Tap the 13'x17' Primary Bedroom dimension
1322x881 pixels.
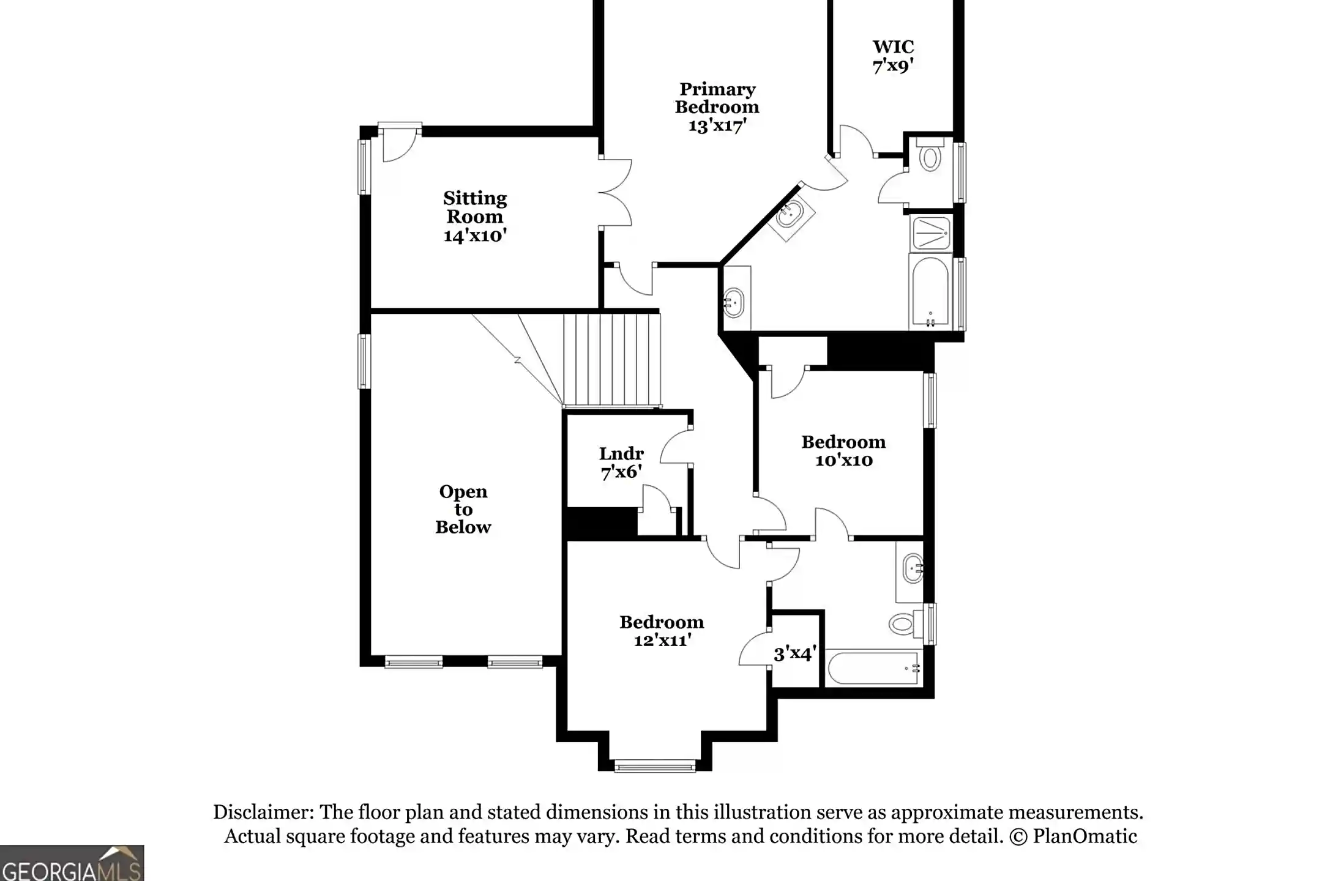coord(717,126)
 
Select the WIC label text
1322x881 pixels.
coord(893,46)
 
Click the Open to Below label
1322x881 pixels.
coord(463,509)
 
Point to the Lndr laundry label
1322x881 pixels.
coord(621,453)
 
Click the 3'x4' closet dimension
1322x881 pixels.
coord(794,654)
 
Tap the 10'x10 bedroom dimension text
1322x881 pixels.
coord(843,460)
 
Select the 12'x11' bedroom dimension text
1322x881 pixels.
coord(662,640)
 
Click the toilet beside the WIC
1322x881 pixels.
coord(930,157)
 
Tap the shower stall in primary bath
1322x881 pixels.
coord(930,233)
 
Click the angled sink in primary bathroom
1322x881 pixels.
coord(791,214)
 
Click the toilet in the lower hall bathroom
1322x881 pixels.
coord(903,623)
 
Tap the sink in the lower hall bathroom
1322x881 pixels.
coord(913,569)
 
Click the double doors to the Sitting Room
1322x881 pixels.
coord(615,193)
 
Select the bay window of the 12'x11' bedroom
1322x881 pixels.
coord(655,765)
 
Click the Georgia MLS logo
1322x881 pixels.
coord(72,863)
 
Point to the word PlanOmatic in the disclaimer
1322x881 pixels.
coord(1085,836)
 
